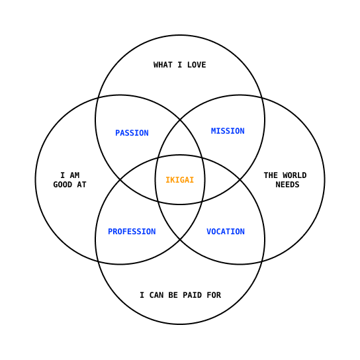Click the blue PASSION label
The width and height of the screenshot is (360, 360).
pos(132,133)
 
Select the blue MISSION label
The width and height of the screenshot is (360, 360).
pos(228,131)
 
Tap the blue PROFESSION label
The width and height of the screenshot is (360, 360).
pos(132,232)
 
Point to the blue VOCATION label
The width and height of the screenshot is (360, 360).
pos(226,232)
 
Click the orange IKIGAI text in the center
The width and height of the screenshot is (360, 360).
pos(180,180)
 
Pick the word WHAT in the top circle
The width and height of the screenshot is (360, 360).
pos(163,65)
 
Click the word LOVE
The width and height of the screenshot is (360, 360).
pos(197,65)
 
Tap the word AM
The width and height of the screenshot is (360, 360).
pos(75,175)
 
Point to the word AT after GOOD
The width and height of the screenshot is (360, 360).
pos(82,185)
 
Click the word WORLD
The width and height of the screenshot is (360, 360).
pos(294,175)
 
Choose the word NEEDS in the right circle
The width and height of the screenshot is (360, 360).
pos(287,185)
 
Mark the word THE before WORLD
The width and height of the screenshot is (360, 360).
pos(271,175)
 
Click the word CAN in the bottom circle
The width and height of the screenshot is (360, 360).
pos(156,295)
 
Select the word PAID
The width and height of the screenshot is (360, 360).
pos(192,295)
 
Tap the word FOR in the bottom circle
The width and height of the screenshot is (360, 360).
pos(214,295)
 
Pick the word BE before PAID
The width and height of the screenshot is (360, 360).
pos(173,295)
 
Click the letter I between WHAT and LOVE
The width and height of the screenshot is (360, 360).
pos(180,65)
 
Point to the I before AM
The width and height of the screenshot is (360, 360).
pos(62,175)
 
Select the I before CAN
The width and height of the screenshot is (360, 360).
pos(142,295)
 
